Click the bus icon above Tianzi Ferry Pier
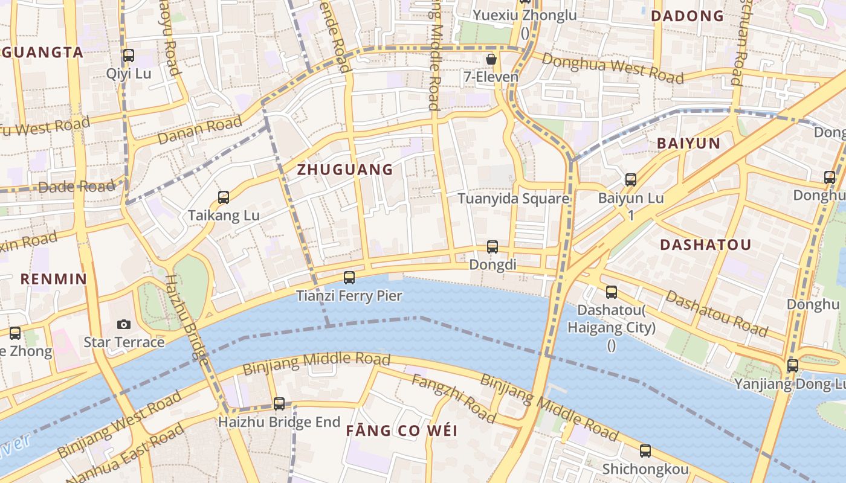(349, 278)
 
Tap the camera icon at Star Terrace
(124, 324)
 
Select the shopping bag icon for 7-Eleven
(491, 59)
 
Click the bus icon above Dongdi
(492, 246)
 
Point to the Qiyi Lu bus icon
(129, 56)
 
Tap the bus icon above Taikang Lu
(224, 197)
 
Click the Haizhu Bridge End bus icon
(279, 403)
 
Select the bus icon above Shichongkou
(645, 450)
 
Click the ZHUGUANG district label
(345, 170)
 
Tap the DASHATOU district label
(705, 245)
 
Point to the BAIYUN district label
(688, 143)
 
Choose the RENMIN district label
(54, 279)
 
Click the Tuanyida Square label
(513, 199)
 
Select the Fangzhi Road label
(453, 398)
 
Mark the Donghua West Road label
(612, 68)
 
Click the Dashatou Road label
(717, 313)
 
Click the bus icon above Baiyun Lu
(631, 179)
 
